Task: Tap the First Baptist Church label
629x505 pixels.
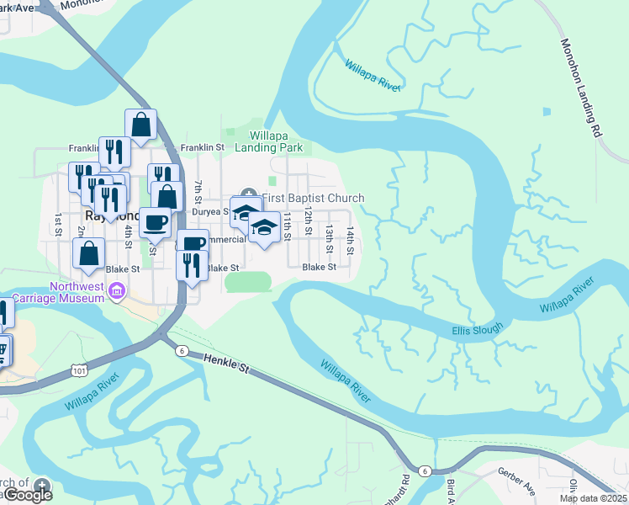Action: (x=313, y=199)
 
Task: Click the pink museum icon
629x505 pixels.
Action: (x=118, y=292)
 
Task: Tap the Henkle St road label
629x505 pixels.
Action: (x=228, y=365)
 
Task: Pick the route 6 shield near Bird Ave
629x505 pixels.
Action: (x=426, y=470)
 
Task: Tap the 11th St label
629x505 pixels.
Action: (x=288, y=226)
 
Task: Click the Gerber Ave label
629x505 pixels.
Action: (x=515, y=478)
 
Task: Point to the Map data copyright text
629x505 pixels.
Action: (x=593, y=498)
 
